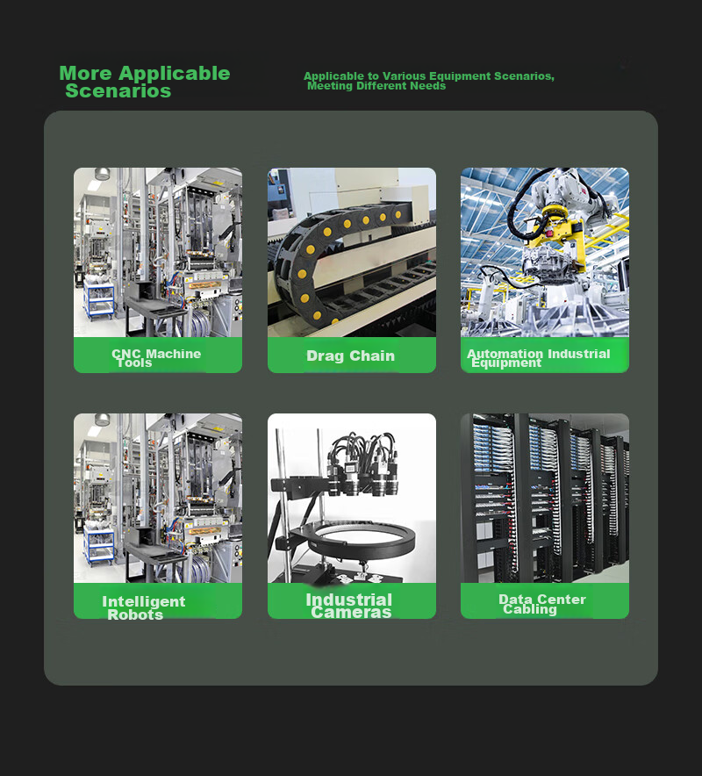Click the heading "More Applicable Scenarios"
coord(145,82)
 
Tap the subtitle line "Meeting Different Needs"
coord(376,86)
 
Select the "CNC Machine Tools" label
coord(156,358)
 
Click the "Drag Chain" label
coord(351,356)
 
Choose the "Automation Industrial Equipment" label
coord(538,358)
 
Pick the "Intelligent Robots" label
coord(143,607)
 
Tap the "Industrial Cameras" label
coord(349,606)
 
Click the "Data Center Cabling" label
coord(542,604)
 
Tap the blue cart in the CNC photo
coord(99,298)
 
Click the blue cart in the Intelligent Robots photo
coord(99,544)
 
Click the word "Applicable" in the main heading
coord(174,74)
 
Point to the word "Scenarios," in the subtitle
coord(524,76)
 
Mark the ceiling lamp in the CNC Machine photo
coord(103,173)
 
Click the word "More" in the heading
coord(86,73)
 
